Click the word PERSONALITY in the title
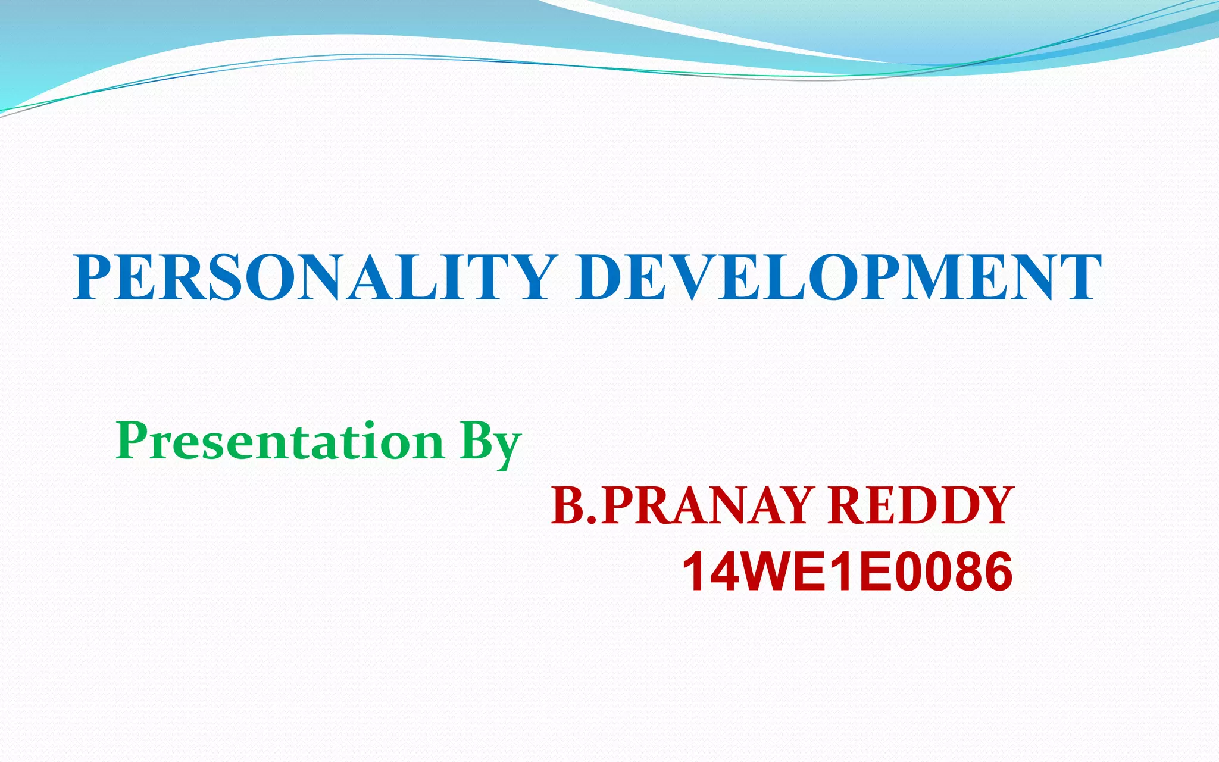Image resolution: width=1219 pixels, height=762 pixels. [x=315, y=277]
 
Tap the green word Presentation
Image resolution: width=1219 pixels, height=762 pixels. [x=280, y=441]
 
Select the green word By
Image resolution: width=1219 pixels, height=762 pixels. [x=490, y=444]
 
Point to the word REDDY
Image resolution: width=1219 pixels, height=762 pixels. [x=920, y=506]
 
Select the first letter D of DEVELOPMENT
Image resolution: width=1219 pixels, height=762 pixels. [x=601, y=277]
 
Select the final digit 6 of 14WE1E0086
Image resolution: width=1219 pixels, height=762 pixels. [x=995, y=572]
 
